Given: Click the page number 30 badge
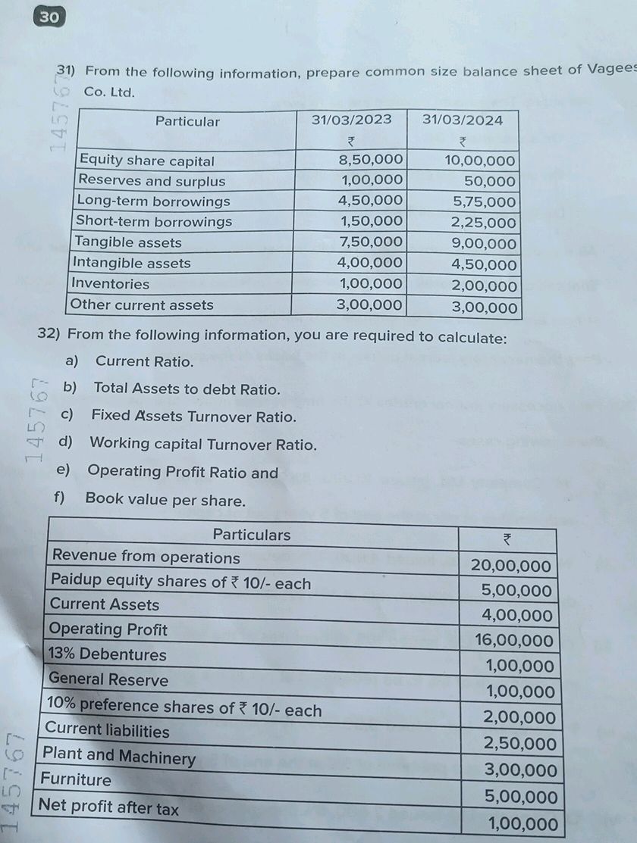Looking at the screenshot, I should pyautogui.click(x=49, y=17).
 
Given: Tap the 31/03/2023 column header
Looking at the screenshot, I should pyautogui.click(x=351, y=120).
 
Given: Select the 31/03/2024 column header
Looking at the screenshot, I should pyautogui.click(x=462, y=120).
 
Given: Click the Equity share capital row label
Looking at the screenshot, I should pyautogui.click(x=146, y=161).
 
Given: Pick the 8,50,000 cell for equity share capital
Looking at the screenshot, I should pyautogui.click(x=370, y=160).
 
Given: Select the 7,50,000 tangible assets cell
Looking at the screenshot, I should pyautogui.click(x=370, y=242).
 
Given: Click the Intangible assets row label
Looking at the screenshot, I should pyautogui.click(x=131, y=263).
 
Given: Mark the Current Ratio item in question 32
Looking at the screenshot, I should pyautogui.click(x=144, y=361).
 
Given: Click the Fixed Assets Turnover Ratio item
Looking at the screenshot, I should pyautogui.click(x=193, y=416).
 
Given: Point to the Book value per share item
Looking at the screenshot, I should pyautogui.click(x=165, y=500).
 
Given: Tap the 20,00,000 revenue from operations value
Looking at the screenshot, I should pyautogui.click(x=511, y=566).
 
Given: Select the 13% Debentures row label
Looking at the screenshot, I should pyautogui.click(x=107, y=654).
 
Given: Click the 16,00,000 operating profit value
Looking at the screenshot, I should pyautogui.click(x=514, y=641).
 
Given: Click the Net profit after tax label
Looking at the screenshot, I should pyautogui.click(x=109, y=807).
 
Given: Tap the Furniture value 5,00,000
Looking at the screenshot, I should pyautogui.click(x=520, y=797).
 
